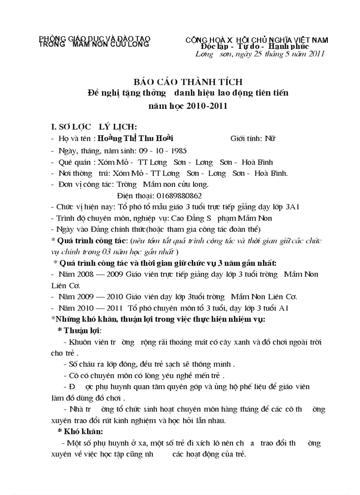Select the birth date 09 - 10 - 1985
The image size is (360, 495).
point(157,150)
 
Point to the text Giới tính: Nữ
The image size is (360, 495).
point(253,139)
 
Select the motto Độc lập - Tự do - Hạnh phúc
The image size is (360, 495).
point(255,46)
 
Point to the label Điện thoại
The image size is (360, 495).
point(135,195)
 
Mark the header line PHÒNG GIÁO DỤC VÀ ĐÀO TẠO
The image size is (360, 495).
point(94,39)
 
